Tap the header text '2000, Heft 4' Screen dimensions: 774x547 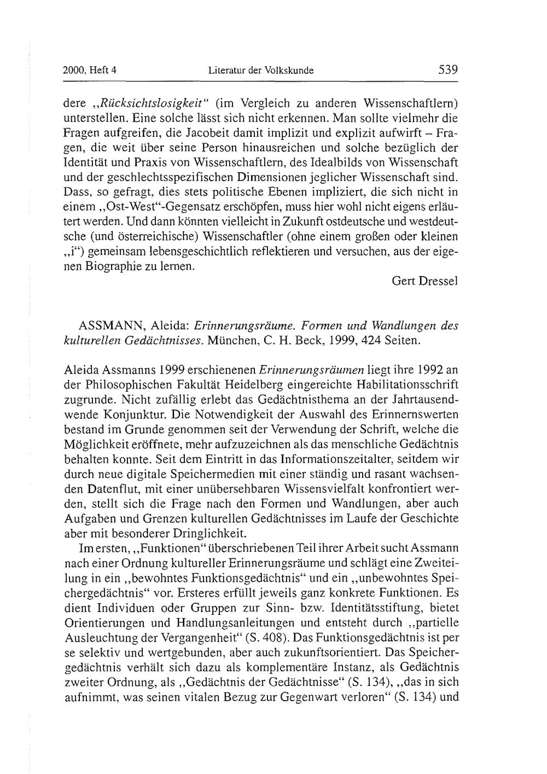[x=90, y=71]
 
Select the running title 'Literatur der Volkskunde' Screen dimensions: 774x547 [x=261, y=71]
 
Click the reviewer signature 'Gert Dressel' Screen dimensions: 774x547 [x=425, y=281]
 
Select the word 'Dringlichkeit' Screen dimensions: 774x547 [x=214, y=533]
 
